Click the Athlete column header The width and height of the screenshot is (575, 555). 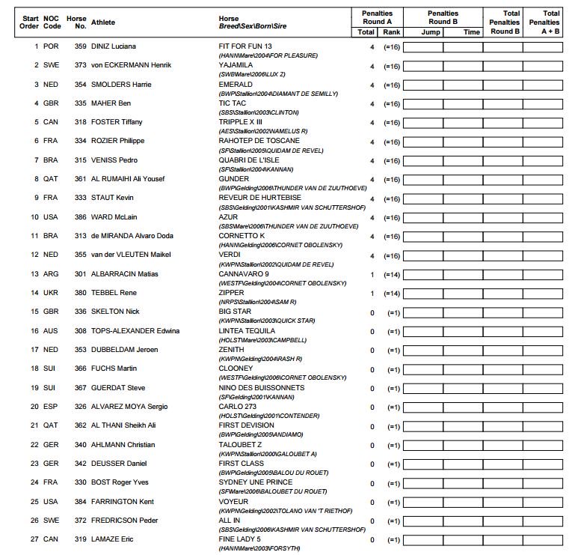[103, 22]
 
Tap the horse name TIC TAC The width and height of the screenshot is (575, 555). [231, 103]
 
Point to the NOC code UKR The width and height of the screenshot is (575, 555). [51, 293]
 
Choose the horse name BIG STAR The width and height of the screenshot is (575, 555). [234, 312]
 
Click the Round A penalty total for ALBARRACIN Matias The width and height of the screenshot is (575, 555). [372, 274]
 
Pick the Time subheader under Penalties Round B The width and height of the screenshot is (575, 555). [472, 32]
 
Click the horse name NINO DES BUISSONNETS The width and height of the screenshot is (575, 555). [261, 388]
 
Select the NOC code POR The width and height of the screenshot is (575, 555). [51, 46]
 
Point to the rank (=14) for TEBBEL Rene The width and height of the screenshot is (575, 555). [392, 294]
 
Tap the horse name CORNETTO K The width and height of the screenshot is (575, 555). [240, 236]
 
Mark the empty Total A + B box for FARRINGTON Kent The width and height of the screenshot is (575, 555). [542, 503]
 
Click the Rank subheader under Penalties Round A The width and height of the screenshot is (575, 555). [392, 32]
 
